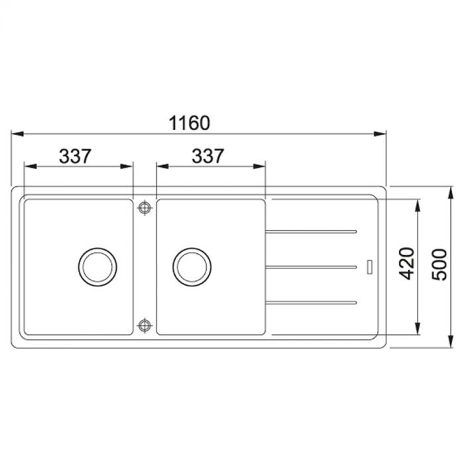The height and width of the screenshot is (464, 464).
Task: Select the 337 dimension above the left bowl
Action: click(75, 156)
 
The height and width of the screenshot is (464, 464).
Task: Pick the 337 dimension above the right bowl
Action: click(207, 156)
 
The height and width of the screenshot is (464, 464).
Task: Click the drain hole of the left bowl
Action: click(98, 266)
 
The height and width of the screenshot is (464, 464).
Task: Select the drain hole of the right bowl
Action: click(192, 266)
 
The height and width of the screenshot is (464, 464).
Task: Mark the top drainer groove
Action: click(312, 231)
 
